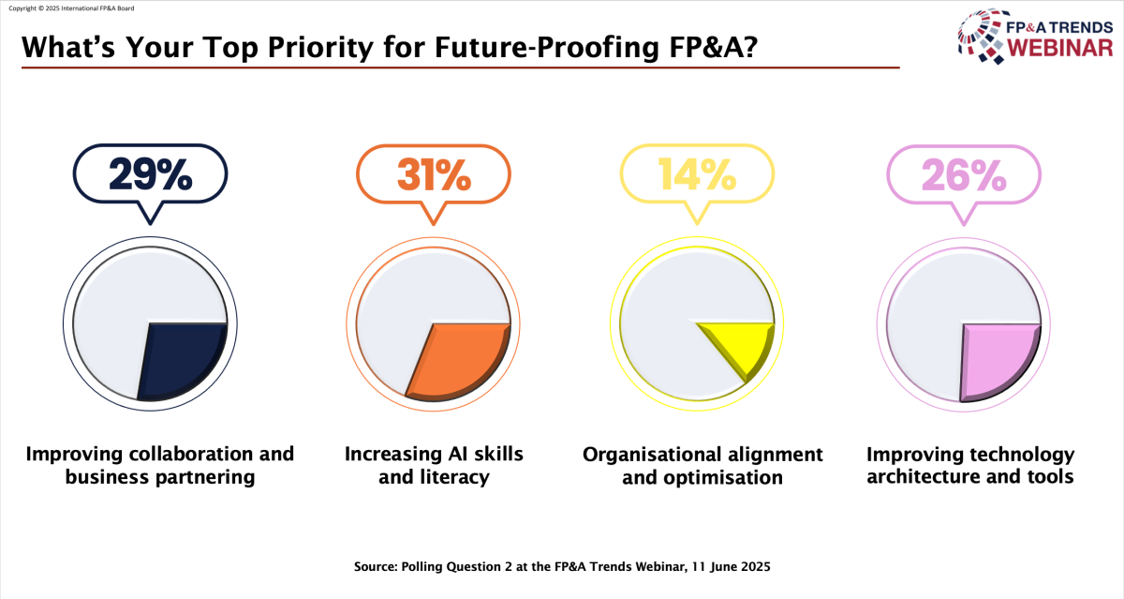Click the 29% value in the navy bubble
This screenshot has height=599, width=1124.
[151, 174]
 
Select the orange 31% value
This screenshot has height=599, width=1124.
[434, 174]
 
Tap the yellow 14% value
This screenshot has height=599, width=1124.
[697, 174]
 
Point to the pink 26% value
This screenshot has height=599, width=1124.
[964, 175]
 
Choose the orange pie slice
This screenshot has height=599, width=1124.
[459, 362]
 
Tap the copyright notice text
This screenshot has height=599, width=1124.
[72, 8]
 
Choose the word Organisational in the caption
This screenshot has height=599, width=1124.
[650, 455]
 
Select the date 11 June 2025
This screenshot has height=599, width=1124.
[732, 567]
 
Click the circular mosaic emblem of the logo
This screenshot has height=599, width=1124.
[983, 37]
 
